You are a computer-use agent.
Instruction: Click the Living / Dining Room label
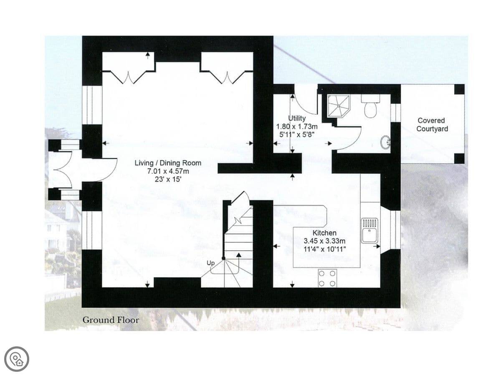(x=168, y=163)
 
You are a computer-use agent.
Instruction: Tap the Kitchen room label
(x=324, y=233)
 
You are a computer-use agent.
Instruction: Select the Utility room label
(x=297, y=118)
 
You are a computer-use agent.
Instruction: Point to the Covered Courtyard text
(x=432, y=124)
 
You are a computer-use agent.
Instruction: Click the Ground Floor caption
(x=111, y=320)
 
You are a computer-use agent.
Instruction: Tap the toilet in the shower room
(x=370, y=106)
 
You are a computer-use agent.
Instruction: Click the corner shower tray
(x=339, y=106)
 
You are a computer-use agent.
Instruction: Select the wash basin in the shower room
(x=385, y=142)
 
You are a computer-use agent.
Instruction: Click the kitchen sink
(x=369, y=231)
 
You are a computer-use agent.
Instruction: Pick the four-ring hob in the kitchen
(x=327, y=278)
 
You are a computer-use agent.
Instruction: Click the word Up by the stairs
(x=210, y=263)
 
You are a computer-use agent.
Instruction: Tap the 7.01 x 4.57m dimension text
(x=168, y=171)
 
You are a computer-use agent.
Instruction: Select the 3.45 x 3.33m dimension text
(x=324, y=241)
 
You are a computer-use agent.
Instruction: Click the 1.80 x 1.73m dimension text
(x=297, y=126)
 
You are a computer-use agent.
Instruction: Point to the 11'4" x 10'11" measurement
(x=324, y=249)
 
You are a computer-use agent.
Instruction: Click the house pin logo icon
(x=17, y=359)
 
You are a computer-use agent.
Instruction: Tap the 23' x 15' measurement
(x=168, y=179)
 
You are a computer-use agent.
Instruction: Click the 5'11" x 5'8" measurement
(x=297, y=135)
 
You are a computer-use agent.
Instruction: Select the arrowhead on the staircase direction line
(x=239, y=255)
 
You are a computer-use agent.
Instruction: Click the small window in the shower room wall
(x=396, y=113)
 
